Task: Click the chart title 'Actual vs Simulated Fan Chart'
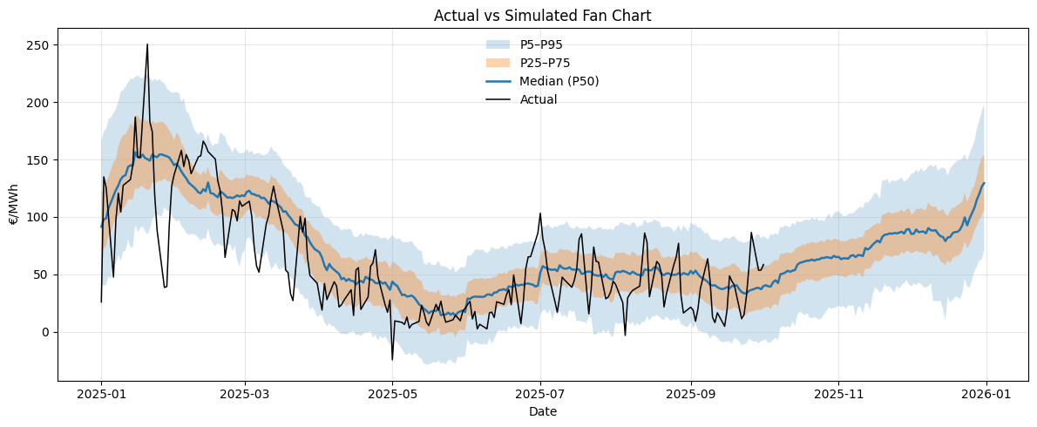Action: [543, 15]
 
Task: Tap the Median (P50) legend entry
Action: [559, 81]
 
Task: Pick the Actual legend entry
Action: [538, 99]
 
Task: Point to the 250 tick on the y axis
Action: [40, 45]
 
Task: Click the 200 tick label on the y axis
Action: [40, 103]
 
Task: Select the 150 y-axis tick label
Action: [40, 160]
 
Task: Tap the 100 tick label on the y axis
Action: [40, 217]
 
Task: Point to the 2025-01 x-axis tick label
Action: [101, 395]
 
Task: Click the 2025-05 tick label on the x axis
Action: [392, 395]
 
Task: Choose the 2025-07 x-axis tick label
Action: [540, 395]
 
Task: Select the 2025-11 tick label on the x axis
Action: [838, 395]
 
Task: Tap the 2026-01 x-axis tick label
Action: [986, 395]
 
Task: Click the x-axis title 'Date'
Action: [543, 411]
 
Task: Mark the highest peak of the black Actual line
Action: [147, 44]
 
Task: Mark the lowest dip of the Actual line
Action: [392, 359]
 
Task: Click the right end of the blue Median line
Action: [985, 183]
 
